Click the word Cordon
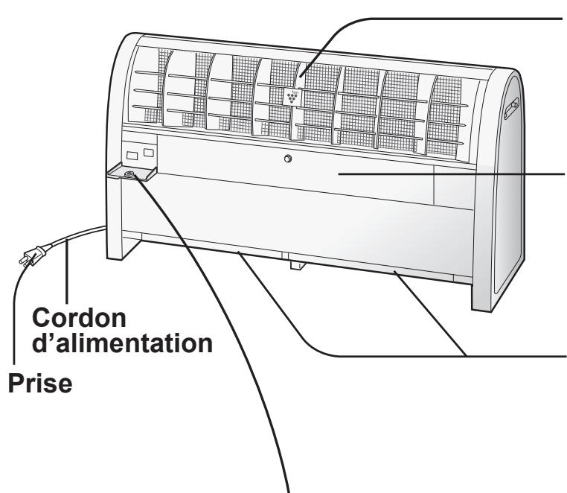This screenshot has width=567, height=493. pos(79,317)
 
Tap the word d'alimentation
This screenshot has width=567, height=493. pos(122,343)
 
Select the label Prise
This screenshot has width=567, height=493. pos(40,383)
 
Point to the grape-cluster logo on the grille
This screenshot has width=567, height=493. pos(292,97)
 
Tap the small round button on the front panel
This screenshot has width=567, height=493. pos(288,159)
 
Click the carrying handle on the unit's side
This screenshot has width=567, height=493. pos(511,109)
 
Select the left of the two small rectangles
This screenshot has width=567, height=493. pos(132,156)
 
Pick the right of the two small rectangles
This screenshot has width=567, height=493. pos(149,153)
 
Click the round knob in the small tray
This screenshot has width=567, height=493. pos(129,174)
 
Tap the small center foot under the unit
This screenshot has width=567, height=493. pos(298,265)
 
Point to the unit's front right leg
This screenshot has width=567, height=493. pos(481,290)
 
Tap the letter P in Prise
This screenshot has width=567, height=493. pos(15,383)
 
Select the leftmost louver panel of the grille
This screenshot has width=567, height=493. pos(146,85)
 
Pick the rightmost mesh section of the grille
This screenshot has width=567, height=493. pos(446,116)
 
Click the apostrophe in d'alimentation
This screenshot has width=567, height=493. pos(51,337)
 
